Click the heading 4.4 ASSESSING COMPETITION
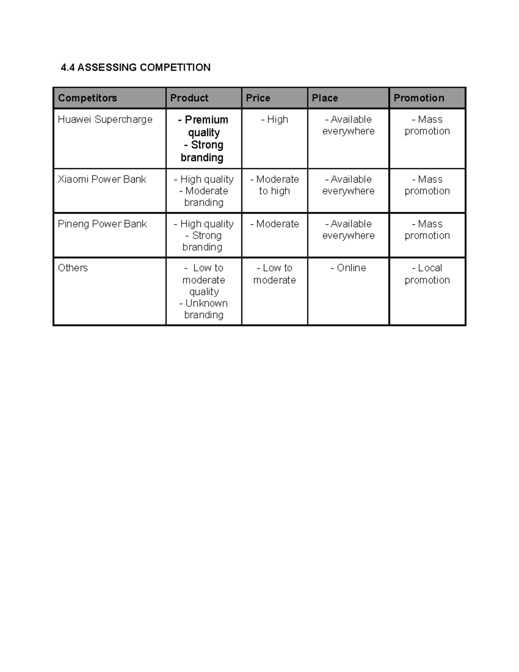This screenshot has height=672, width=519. coord(135,68)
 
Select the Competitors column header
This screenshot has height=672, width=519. coord(87,98)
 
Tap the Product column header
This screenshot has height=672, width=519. coord(189,98)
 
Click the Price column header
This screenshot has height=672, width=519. coord(258,98)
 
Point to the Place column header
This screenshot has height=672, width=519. coord(325,98)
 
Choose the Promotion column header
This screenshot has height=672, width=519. coord(419,98)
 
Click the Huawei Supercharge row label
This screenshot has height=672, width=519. coord(105,119)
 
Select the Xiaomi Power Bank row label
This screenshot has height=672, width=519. coord(102,179)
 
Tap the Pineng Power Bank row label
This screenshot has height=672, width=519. coord(102,224)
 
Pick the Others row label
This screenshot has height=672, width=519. coord(73,268)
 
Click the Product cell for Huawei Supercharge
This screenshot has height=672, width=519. coord(203,138)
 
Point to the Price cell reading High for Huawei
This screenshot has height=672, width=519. coord(275,119)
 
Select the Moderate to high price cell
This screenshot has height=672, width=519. coord(275,185)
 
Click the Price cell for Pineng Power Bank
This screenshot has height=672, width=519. coord(275,224)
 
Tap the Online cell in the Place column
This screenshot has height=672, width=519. coord(348,268)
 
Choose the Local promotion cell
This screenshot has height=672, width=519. coord(427,274)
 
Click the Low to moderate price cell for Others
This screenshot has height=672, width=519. coord(275,274)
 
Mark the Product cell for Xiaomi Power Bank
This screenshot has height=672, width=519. coord(203,191)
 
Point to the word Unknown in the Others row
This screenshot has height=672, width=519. coord(206,303)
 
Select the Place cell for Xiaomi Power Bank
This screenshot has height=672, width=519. coord(348,185)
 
